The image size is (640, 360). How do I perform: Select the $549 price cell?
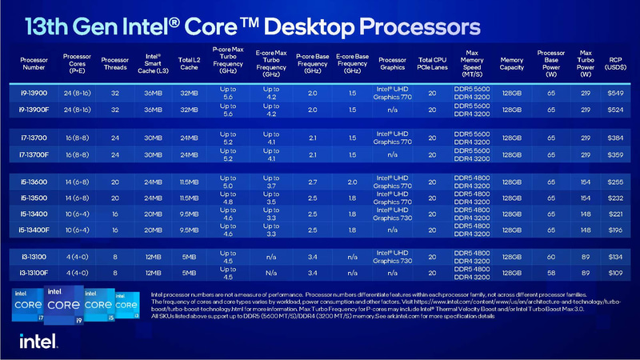point(614,93)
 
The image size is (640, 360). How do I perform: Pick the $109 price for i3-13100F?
point(614,273)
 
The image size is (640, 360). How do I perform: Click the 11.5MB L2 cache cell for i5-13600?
point(190,182)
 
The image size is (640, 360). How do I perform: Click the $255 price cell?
point(614,182)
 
